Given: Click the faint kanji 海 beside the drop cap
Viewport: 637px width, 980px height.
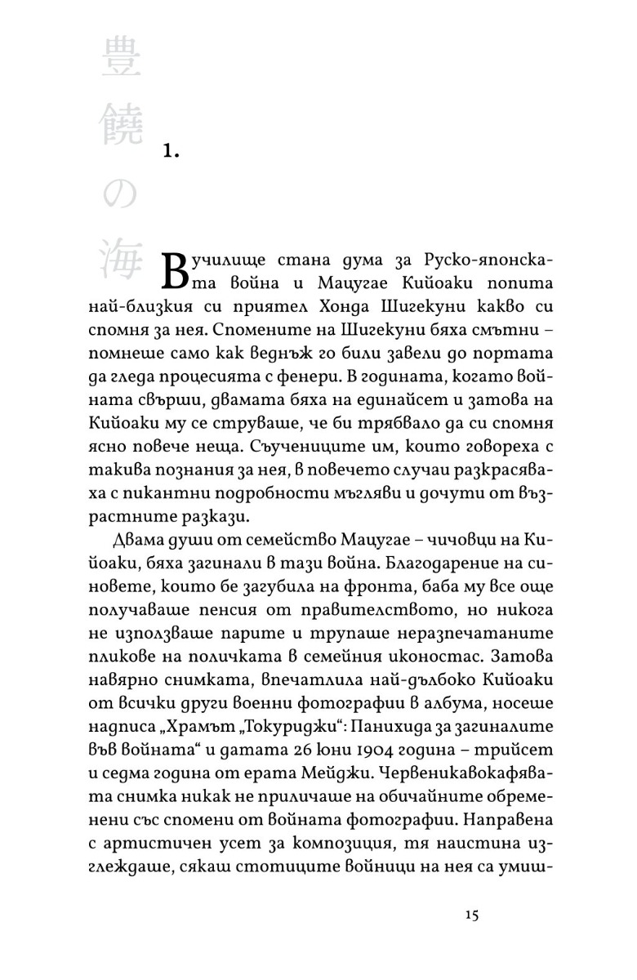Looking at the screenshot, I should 122,261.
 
